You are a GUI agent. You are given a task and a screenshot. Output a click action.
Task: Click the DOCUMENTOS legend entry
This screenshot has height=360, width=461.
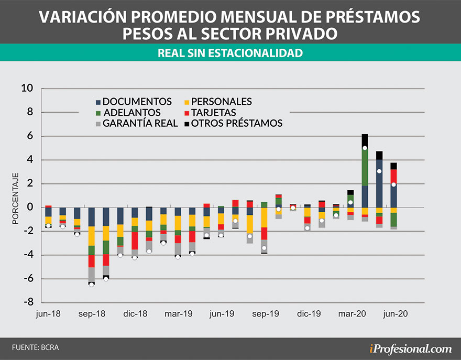click(134, 102)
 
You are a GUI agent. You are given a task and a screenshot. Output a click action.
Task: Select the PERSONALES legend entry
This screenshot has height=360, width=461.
click(218, 102)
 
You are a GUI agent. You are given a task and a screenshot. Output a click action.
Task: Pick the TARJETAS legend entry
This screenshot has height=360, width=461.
click(210, 113)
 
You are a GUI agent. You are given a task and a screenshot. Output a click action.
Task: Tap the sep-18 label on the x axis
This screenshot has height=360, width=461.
click(92, 314)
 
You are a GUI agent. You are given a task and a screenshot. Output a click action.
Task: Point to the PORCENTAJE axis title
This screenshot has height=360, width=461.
click(16, 199)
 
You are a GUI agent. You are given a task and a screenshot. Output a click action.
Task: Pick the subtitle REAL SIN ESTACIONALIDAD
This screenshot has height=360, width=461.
click(230, 53)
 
